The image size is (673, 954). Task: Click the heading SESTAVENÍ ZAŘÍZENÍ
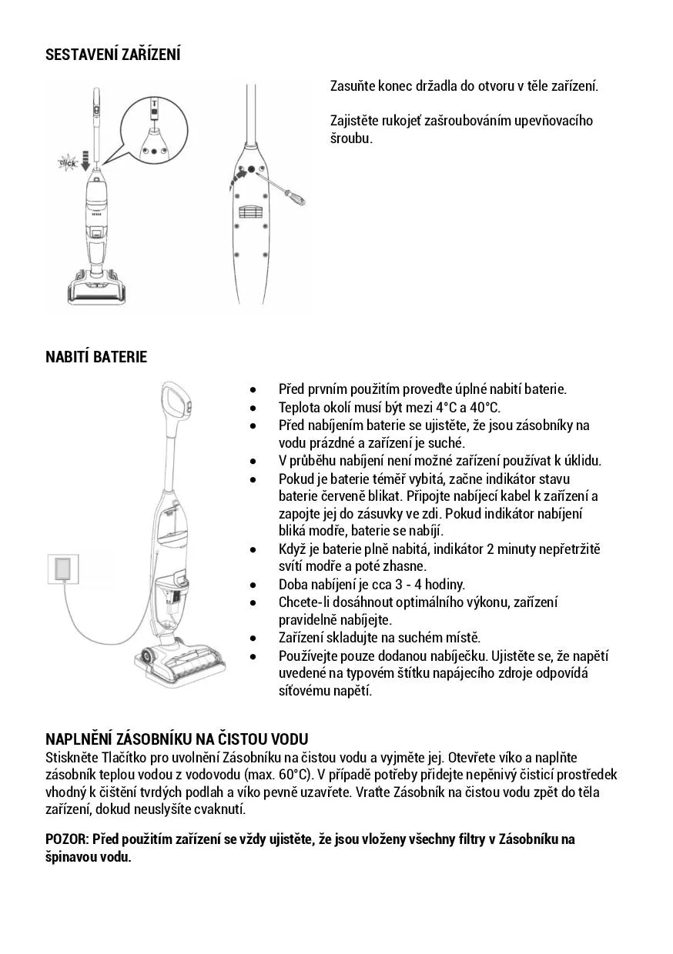point(113,55)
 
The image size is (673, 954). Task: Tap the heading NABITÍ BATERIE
point(96,356)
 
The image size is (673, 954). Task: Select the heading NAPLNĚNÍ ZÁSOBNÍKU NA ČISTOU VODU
point(177,739)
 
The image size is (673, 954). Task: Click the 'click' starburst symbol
point(67,162)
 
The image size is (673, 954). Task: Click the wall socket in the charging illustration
point(63,569)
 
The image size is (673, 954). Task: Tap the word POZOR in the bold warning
point(66,839)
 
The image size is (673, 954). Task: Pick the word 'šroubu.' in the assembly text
point(352,138)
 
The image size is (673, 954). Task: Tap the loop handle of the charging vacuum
point(176,400)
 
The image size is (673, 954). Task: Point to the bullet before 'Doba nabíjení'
point(253,585)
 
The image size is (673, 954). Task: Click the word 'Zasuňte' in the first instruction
point(353,86)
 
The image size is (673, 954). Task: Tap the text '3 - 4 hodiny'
point(430,585)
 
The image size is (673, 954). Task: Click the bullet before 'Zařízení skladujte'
point(253,639)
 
